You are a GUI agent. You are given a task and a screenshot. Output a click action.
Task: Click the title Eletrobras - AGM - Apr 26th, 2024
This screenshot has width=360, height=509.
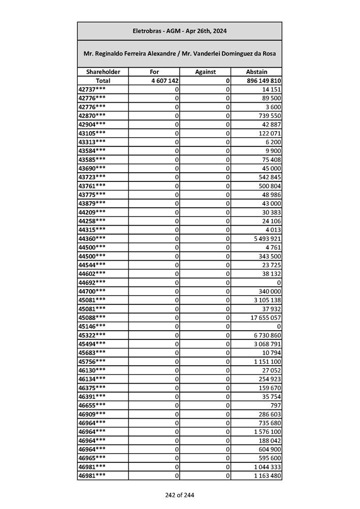coord(179,31)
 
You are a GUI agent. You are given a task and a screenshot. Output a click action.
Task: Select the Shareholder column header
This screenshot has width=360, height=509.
coord(103,72)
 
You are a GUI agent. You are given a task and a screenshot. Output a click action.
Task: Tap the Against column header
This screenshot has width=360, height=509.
coord(205,72)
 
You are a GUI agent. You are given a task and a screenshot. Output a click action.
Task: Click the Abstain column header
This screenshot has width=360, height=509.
coord(256,72)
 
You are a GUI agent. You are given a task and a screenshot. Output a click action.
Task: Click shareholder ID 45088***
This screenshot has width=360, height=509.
coord(92,317)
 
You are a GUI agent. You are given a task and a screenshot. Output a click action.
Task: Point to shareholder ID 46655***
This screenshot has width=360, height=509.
coord(92,406)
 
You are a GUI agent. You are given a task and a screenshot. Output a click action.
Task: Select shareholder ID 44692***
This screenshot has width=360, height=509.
coord(92,282)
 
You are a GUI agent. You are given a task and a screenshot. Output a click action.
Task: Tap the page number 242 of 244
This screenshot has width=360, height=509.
coord(179,495)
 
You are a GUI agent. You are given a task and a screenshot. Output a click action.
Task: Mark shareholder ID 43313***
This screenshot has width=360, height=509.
coord(92,142)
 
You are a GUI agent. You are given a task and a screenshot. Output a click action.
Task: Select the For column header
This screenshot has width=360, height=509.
coord(154,72)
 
